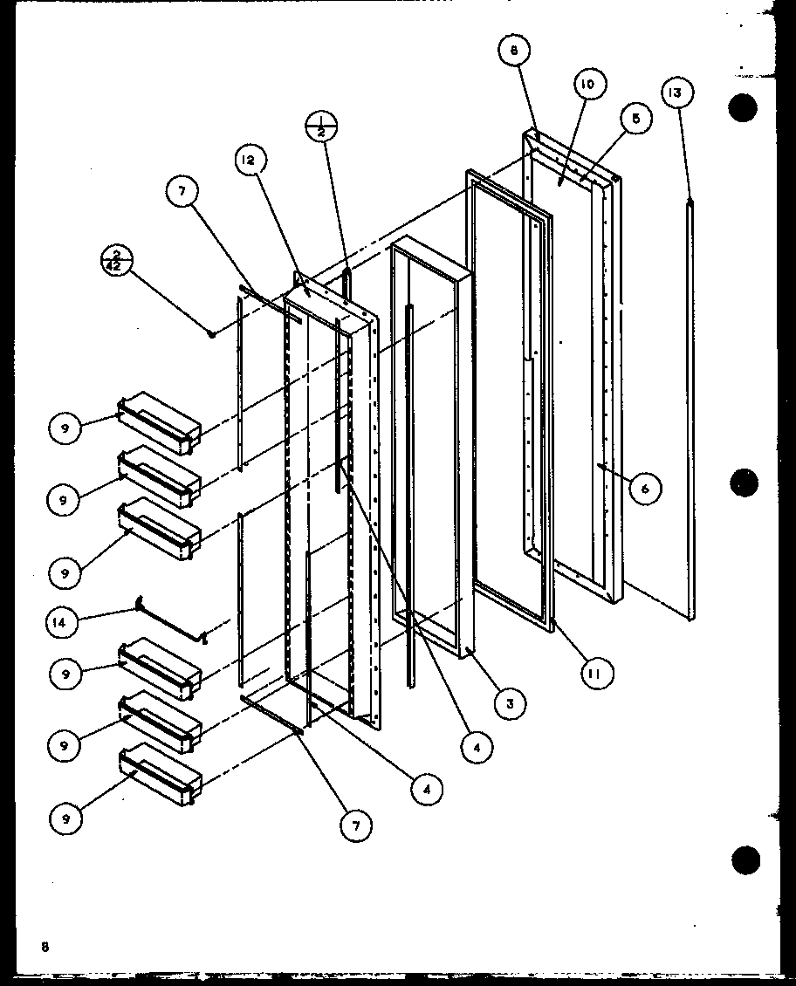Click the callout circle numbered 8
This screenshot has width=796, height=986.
[x=514, y=51]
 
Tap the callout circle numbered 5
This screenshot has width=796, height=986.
[x=635, y=120]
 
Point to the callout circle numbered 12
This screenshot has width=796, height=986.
[x=250, y=160]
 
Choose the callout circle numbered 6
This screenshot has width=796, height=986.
[x=644, y=489]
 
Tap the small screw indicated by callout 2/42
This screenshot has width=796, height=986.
[x=211, y=333]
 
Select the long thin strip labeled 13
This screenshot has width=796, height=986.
[x=691, y=410]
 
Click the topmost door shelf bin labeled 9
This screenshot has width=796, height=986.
[x=160, y=423]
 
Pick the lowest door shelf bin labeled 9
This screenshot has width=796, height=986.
[x=160, y=776]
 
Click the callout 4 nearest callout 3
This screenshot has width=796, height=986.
[x=477, y=747]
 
